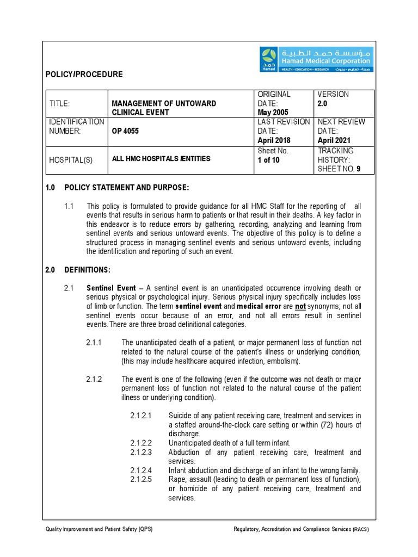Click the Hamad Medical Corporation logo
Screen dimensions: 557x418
click(x=316, y=59)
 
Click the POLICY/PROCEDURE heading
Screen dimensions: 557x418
click(x=84, y=74)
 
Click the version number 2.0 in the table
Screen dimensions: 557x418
click(x=323, y=103)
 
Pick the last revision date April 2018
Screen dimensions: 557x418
click(x=275, y=140)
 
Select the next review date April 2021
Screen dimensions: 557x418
click(x=335, y=140)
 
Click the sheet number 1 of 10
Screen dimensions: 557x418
click(x=269, y=160)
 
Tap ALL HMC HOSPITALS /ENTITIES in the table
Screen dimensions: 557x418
click(x=161, y=159)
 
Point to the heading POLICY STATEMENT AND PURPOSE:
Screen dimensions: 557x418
click(x=127, y=188)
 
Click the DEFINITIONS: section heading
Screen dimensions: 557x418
click(x=87, y=270)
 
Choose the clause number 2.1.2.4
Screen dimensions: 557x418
click(x=141, y=470)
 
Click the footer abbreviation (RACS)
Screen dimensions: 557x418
click(x=360, y=529)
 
